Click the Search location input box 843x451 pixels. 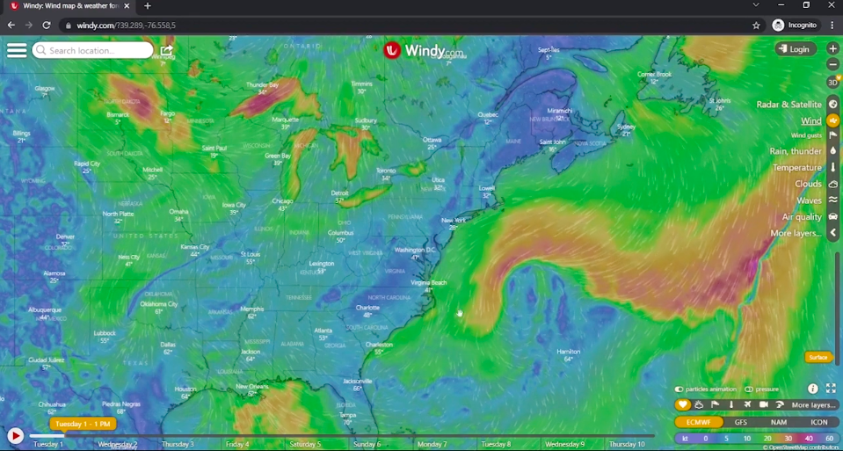pyautogui.click(x=92, y=50)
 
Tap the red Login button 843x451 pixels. pyautogui.click(x=796, y=49)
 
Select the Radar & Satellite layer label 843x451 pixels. pyautogui.click(x=788, y=105)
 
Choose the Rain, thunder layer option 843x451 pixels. pyautogui.click(x=796, y=151)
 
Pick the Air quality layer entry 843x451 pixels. pyautogui.click(x=802, y=217)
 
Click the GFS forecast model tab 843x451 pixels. pyautogui.click(x=740, y=422)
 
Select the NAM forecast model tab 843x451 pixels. pyautogui.click(x=779, y=422)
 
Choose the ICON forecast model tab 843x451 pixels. pyautogui.click(x=818, y=422)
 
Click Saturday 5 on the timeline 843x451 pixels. pyautogui.click(x=305, y=444)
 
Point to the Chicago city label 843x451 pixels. pyautogui.click(x=282, y=201)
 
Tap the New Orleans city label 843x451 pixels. pyautogui.click(x=252, y=387)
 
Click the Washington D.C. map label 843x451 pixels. pyautogui.click(x=415, y=250)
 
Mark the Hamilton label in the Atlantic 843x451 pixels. pyautogui.click(x=569, y=352)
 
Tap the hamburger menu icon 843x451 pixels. pyautogui.click(x=17, y=50)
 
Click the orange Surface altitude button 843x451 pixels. pyautogui.click(x=818, y=357)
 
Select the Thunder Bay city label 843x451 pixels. pyautogui.click(x=262, y=85)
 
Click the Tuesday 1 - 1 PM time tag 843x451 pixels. pyautogui.click(x=83, y=424)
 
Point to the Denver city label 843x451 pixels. pyautogui.click(x=65, y=236)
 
